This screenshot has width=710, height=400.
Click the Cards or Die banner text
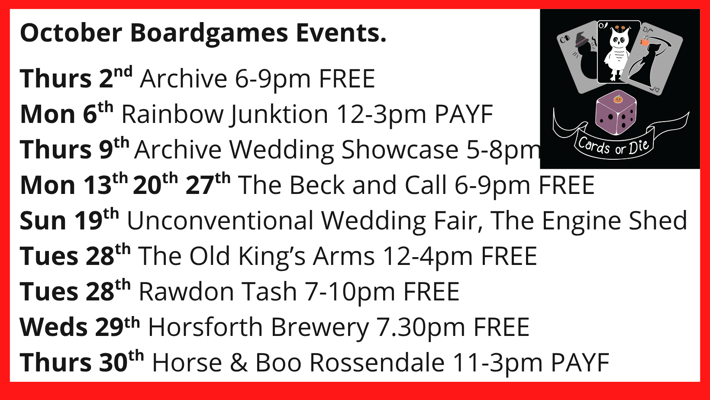pos(613,147)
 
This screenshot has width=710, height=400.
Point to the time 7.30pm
pos(420,328)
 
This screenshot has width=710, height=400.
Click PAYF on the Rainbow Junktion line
pos(464,114)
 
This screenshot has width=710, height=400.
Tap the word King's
pos(272,257)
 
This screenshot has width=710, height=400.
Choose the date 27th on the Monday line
pos(208,184)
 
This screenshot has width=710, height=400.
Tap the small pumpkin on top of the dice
pos(618,99)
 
